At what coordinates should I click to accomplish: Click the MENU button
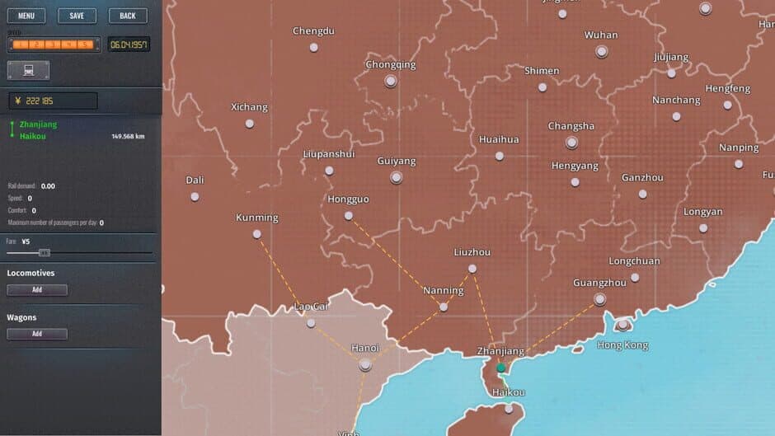coord(26,16)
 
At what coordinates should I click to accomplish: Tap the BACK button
coord(128,16)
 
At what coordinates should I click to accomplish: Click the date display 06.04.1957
coord(129,45)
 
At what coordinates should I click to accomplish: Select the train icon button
coord(29,70)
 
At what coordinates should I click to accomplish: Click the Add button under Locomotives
coord(37,290)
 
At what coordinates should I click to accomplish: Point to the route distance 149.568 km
coord(128,136)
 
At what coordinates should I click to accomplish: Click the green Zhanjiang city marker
coord(500,368)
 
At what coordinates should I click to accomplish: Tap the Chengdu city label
coord(313,31)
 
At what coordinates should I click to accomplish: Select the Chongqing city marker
coord(391,81)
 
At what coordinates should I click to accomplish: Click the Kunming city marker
coord(257,234)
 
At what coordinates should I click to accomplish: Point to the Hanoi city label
coord(364,348)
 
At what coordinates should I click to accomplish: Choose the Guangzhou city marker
coord(600,299)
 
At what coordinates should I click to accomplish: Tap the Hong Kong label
coord(622,345)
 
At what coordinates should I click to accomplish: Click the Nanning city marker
coord(444,307)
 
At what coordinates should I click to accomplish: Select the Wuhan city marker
coord(602,51)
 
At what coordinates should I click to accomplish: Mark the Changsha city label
coord(571,126)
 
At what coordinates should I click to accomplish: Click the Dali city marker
coord(195,197)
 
